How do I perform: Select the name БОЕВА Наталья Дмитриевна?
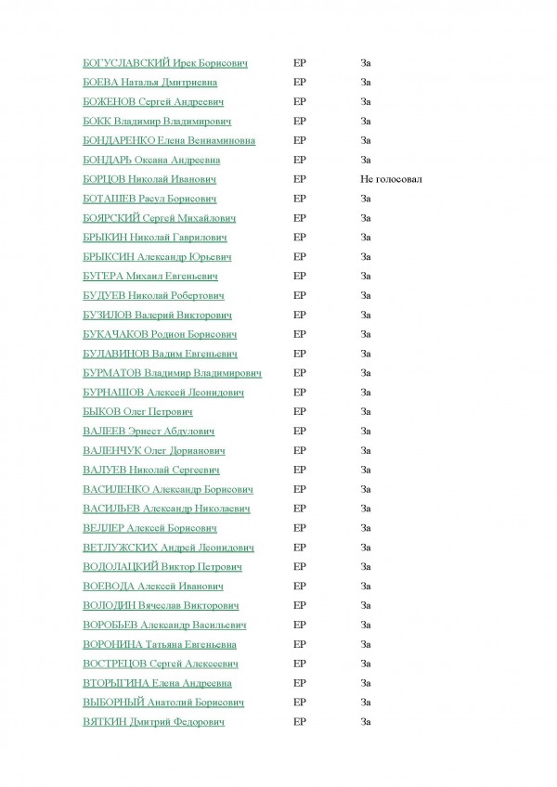coord(155,83)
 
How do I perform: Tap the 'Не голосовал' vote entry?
coord(392,179)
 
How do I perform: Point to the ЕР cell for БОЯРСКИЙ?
coord(299,218)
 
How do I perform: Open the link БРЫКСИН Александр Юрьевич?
coord(157,257)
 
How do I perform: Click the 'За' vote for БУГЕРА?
coord(366,277)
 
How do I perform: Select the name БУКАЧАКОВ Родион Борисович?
coord(160,334)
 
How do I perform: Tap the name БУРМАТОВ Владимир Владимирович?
coord(172,373)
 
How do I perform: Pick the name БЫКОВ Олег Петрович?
coord(137,412)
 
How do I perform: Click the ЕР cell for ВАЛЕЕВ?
coord(299,432)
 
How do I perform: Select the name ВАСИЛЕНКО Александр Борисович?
coord(168,489)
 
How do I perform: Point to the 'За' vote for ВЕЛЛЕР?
coord(366,528)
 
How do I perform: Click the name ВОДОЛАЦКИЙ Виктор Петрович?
coord(162,567)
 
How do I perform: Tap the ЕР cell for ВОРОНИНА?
coord(299,644)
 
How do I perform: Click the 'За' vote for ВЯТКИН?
coord(366,722)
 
